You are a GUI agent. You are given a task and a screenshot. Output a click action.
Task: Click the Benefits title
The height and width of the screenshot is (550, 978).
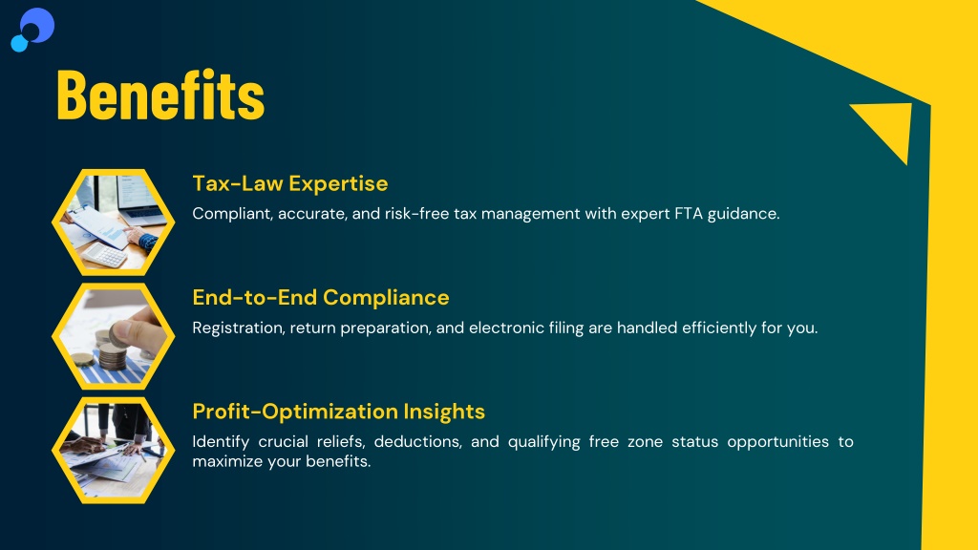coord(160,95)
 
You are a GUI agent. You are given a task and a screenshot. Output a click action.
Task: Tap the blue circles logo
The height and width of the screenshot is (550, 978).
coord(32,30)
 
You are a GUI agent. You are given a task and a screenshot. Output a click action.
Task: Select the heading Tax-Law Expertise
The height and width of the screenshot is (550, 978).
coord(290,183)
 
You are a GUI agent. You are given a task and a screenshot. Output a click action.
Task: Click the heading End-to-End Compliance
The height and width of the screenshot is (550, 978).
coord(321,298)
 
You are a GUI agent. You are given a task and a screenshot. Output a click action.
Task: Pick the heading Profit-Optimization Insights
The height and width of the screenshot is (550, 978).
coord(339,412)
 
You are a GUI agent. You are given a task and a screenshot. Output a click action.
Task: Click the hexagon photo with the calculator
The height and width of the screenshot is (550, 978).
coord(113,222)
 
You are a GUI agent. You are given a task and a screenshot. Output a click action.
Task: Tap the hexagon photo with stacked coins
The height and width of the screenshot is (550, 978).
coord(113,336)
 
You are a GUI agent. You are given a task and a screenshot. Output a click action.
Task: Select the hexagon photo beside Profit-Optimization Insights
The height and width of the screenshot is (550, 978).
coord(113,451)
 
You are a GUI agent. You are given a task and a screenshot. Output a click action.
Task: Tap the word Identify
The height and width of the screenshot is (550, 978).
coord(221,442)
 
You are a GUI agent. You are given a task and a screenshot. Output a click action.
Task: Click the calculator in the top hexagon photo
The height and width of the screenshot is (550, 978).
coord(104,254)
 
